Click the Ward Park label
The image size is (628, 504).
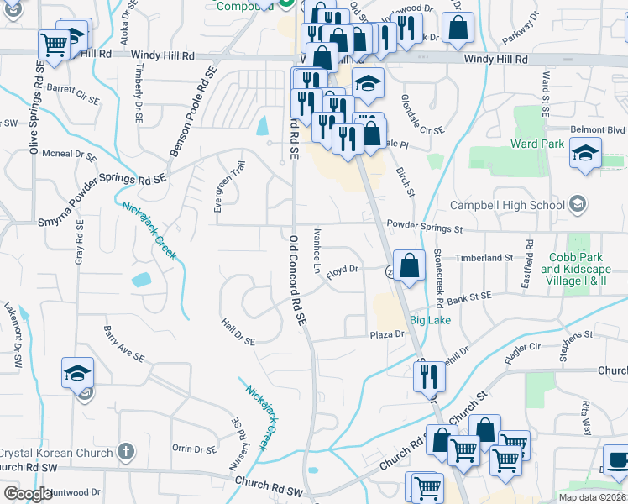(x=537, y=144)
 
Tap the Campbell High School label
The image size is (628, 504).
(x=507, y=205)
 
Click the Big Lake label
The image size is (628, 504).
(x=430, y=320)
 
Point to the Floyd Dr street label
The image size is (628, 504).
(x=343, y=270)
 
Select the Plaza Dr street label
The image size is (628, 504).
(x=388, y=334)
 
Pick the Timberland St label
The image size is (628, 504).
(x=484, y=257)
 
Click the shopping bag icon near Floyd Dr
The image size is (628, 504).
(x=408, y=266)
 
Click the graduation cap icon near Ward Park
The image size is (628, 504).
(x=585, y=154)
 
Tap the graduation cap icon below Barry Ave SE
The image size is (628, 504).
(x=77, y=372)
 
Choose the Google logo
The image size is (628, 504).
(x=28, y=494)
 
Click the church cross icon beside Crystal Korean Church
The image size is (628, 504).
(x=125, y=452)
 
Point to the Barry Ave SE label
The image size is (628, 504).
(x=123, y=344)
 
